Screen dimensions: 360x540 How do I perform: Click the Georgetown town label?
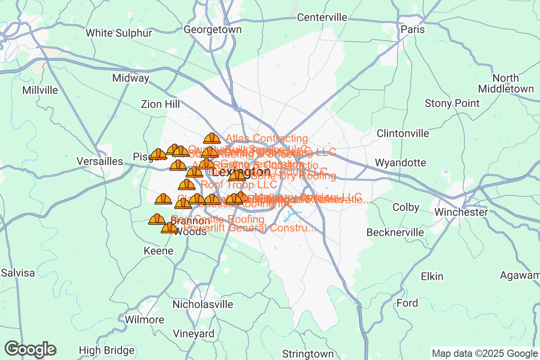[x=213, y=30]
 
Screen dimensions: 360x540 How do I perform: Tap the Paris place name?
[x=413, y=30]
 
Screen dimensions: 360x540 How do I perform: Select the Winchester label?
[x=461, y=212]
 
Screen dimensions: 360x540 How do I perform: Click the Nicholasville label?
[x=203, y=304]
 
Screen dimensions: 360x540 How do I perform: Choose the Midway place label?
[x=130, y=78]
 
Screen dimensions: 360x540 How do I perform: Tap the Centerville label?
[x=322, y=18]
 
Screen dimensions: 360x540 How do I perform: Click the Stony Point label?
[x=452, y=103]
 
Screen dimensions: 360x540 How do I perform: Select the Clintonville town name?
[x=403, y=134]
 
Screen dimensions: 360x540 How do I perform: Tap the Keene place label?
[x=158, y=251]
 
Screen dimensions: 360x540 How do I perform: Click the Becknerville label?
[x=395, y=232]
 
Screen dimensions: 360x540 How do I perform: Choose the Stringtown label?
[x=308, y=353]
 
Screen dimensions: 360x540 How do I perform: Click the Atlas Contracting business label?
[x=267, y=138]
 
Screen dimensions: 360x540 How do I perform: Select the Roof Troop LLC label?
[x=239, y=184]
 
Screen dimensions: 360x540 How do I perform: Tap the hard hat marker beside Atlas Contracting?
[x=211, y=138]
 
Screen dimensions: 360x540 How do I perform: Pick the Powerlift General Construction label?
[x=250, y=228]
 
